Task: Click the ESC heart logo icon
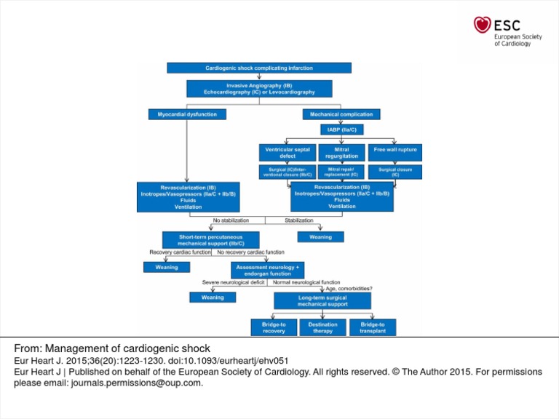482,25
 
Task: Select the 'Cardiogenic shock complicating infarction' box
259,68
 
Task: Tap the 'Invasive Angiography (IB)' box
259,89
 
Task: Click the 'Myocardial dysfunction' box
187,114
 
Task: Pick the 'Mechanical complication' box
341,114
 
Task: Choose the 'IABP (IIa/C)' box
341,130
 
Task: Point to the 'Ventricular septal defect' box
288,152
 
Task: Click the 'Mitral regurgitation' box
341,152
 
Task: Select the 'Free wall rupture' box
395,152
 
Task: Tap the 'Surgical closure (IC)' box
395,172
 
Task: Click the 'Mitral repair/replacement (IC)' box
341,172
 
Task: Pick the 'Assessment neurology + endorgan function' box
267,270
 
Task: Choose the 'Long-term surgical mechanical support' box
322,300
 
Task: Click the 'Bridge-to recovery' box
274,327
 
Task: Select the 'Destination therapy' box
322,327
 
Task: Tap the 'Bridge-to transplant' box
373,327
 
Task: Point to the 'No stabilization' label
231,220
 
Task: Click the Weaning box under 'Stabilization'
320,236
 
